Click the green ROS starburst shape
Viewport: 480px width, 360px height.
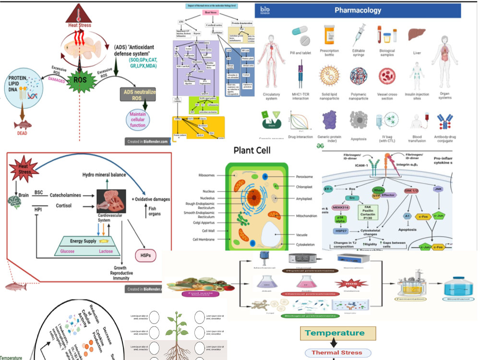(71, 79)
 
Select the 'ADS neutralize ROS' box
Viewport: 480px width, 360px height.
(138, 95)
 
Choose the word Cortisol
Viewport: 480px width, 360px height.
(60, 206)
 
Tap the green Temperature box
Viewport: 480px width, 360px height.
(335, 333)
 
